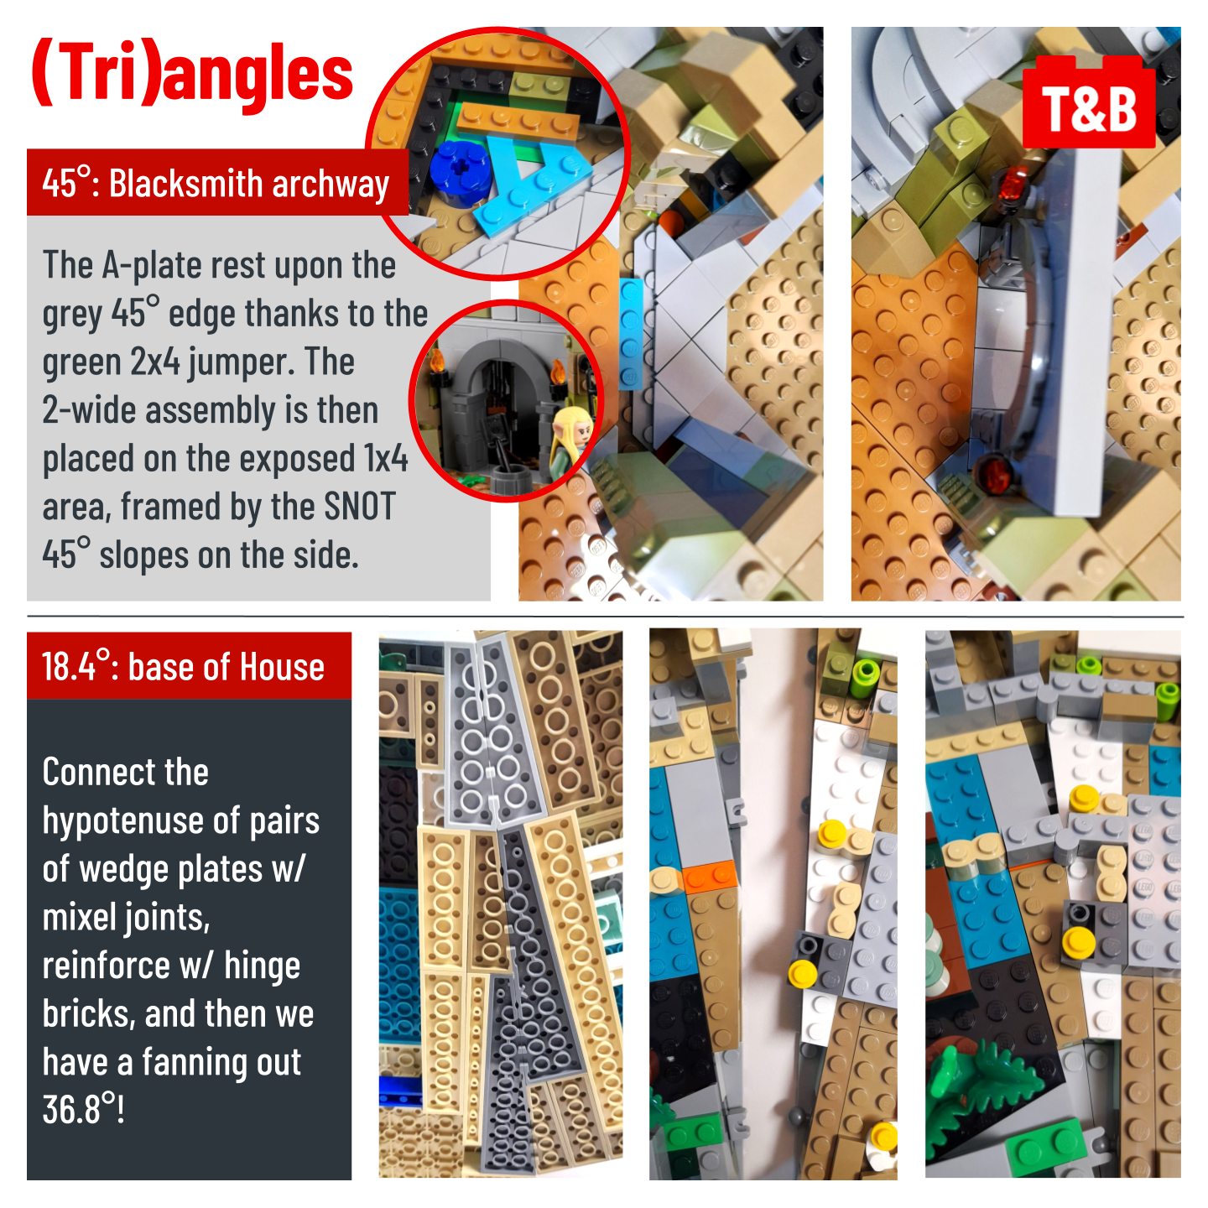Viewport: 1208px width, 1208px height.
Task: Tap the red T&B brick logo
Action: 1088,102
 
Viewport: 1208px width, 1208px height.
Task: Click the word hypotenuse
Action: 141,822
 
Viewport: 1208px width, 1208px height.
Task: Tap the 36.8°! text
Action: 83,1109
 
